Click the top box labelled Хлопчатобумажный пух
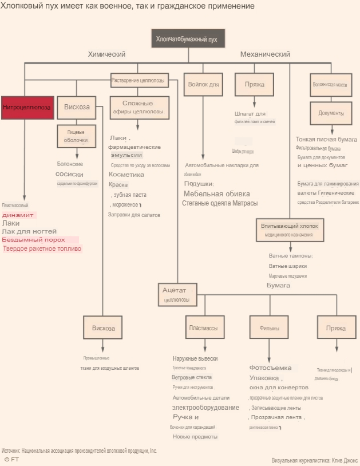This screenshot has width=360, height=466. (187, 39)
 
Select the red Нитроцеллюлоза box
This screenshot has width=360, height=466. (27, 107)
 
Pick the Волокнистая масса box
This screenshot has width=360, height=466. (330, 84)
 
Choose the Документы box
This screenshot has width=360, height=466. (331, 113)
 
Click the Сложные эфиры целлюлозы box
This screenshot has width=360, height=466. (137, 107)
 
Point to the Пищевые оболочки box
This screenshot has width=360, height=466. (76, 136)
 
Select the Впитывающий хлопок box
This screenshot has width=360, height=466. (288, 230)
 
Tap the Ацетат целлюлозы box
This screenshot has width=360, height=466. (177, 294)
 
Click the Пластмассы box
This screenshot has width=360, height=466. (203, 328)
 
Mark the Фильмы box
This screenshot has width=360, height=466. (269, 328)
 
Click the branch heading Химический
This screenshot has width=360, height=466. (106, 54)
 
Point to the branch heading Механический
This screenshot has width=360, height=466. (265, 54)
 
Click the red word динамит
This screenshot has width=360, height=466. (18, 215)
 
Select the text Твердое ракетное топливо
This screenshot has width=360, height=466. (42, 248)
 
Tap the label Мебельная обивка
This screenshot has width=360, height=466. (209, 193)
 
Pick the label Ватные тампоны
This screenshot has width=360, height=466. (290, 256)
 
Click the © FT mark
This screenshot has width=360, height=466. (11, 459)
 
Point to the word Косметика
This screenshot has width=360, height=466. (126, 174)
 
